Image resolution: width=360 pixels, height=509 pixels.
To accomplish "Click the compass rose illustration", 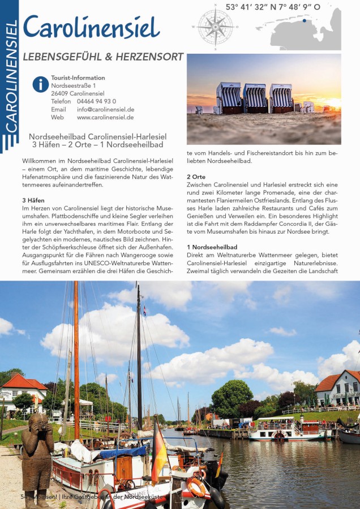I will pos(215,26).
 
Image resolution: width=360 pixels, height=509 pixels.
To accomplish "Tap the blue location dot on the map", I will pos(304,21).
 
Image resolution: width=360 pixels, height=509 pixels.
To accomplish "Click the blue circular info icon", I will pos(40,84).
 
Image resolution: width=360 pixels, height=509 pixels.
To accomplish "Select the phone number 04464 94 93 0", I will pos(96,101).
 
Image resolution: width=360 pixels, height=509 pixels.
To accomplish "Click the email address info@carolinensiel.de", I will pos(105,109).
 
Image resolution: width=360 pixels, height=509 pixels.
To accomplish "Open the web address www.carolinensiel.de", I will pos(105,117).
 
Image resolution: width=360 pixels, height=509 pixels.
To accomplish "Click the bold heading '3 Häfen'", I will pos(33,200).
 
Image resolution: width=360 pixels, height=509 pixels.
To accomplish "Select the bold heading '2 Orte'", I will pos(196,177).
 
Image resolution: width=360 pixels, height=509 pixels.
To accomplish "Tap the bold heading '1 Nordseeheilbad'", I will pos(212,247).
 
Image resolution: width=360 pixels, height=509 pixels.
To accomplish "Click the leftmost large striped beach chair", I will pos(228,98).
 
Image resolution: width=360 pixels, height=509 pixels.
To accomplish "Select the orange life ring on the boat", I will pos(196,487).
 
